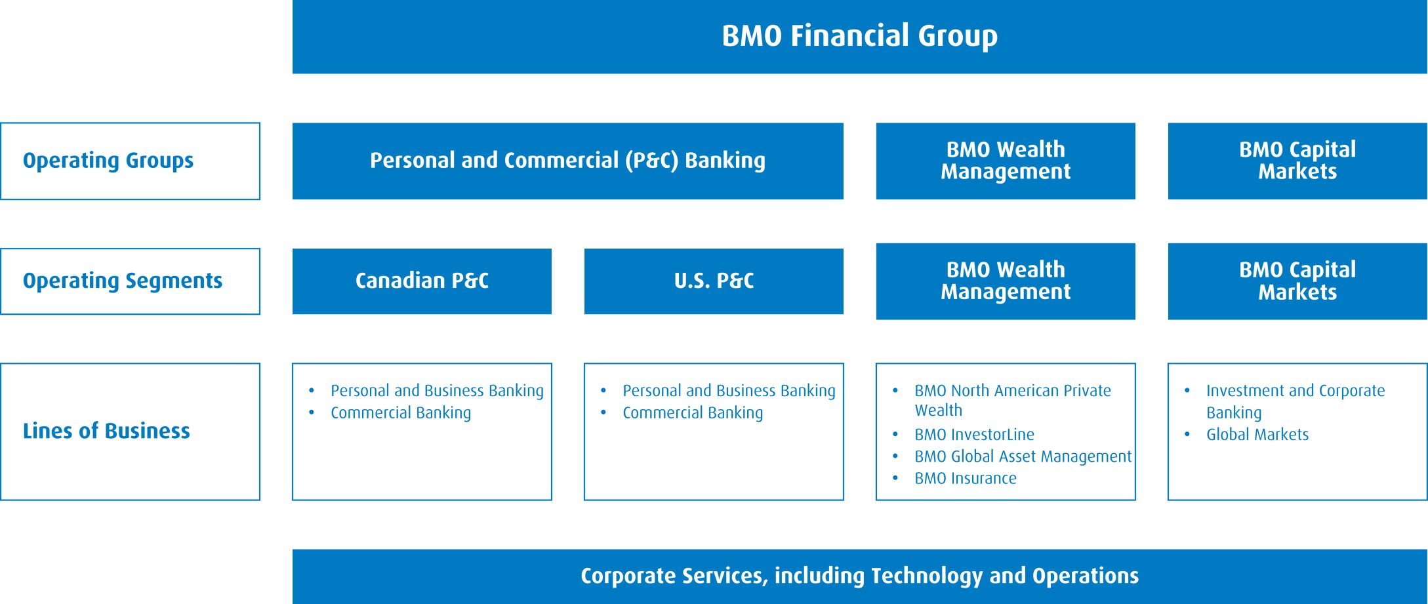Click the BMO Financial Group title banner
pos(859,37)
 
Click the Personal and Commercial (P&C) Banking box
pos(567,161)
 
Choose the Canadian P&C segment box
pos(422,281)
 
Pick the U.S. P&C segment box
pos(714,281)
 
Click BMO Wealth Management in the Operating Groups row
pos(1006,161)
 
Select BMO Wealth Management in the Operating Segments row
pos(1006,281)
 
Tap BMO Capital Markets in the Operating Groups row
pos(1297,161)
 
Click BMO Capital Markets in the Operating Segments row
pos(1297,281)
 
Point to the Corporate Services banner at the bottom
pos(859,576)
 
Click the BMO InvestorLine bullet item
pos(974,434)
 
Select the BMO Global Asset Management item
pos(1023,456)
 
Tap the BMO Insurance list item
pos(966,478)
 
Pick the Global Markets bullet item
pos(1257,434)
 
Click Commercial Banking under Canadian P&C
pos(401,413)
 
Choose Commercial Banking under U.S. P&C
pos(693,413)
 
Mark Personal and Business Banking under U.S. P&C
pos(729,391)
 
